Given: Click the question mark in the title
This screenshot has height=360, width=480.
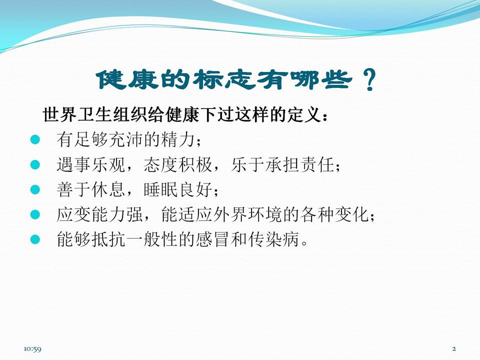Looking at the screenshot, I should point(369,79).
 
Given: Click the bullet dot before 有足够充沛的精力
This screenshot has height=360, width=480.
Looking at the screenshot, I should point(34,139).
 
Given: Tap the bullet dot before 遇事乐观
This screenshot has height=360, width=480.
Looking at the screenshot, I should point(34,164).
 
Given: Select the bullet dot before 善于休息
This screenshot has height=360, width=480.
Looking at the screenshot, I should point(34,189).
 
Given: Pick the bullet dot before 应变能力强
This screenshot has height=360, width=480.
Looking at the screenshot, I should point(34,214).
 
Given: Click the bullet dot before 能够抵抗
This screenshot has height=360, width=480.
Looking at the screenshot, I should point(34,239).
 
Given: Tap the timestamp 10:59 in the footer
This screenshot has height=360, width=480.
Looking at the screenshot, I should point(32,348).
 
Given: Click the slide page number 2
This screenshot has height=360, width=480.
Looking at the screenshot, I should point(454,348).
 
